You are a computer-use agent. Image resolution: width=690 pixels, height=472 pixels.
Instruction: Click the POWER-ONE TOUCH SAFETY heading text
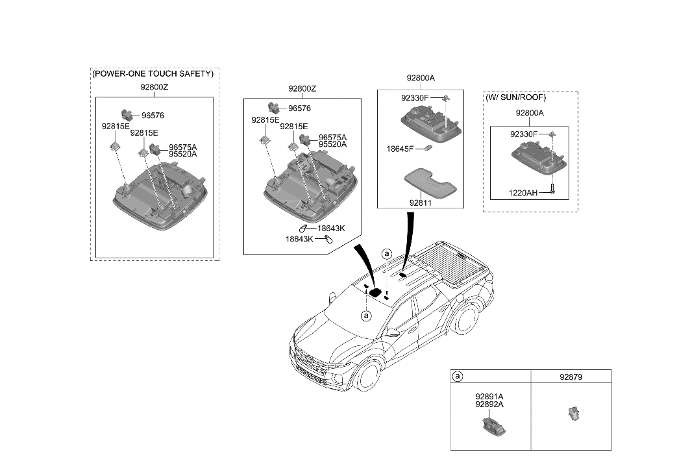(153, 74)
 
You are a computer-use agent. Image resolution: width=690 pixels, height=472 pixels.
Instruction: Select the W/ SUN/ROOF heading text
(516, 97)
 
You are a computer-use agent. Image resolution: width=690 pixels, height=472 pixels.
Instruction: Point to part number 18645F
(400, 149)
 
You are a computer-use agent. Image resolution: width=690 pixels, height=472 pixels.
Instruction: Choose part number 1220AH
(524, 193)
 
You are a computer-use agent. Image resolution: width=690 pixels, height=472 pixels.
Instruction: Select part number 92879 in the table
(571, 376)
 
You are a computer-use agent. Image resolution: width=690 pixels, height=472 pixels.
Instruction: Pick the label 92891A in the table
(489, 395)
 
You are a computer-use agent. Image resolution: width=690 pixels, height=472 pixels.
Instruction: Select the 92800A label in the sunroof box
(530, 113)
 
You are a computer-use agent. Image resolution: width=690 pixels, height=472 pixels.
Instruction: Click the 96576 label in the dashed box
(153, 116)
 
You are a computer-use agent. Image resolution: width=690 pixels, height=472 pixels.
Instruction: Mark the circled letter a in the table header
(458, 376)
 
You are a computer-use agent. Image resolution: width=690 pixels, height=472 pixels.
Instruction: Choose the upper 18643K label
(331, 228)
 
